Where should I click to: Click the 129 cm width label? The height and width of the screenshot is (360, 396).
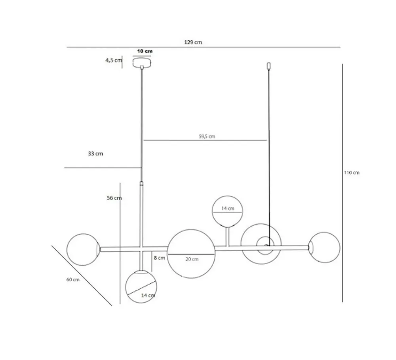click(x=193, y=42)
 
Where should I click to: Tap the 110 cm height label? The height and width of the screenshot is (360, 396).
click(x=352, y=172)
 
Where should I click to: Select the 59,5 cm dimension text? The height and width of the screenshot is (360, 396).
click(x=207, y=136)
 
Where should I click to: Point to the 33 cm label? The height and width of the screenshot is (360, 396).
click(x=95, y=153)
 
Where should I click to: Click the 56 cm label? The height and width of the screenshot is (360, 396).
click(x=114, y=198)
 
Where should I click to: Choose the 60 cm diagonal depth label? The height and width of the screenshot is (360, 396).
click(x=73, y=280)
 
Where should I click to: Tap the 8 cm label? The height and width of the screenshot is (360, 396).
click(x=159, y=258)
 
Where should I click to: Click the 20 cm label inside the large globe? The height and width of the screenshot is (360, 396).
click(x=192, y=259)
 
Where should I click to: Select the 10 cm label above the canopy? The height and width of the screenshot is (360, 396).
click(x=145, y=51)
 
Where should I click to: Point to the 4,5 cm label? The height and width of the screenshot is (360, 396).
click(x=114, y=60)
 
